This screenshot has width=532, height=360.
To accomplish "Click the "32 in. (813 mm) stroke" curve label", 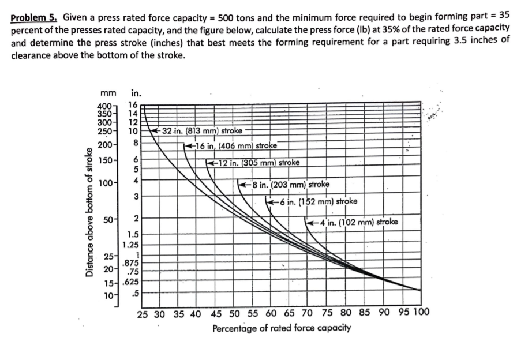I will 203,131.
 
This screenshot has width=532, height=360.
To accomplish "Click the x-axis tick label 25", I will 144,314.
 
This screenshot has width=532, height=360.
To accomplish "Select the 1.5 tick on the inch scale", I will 133,235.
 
